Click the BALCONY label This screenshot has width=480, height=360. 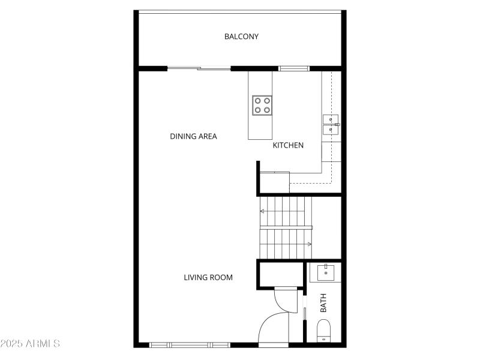pos(241,37)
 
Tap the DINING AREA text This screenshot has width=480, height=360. pos(193,136)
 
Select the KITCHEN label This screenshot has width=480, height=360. pos(288,145)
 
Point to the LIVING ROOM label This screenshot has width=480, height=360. pos(208,277)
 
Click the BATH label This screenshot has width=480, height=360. pos(323,302)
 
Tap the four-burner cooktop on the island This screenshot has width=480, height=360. pos(262,105)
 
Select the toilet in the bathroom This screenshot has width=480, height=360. pos(324,331)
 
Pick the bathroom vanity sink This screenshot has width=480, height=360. pos(325,273)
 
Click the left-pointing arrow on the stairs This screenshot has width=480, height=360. pos(263,211)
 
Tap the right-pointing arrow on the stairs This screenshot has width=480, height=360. pos(308,244)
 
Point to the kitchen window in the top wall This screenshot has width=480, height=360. pos(294,68)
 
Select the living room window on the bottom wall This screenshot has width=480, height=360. pos(190,344)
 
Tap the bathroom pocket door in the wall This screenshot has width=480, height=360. pos(305,314)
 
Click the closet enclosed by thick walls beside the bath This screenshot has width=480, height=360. pos(280,274)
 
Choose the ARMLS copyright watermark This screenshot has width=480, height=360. pos(30,344)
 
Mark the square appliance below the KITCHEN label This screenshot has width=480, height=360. pos(275,182)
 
